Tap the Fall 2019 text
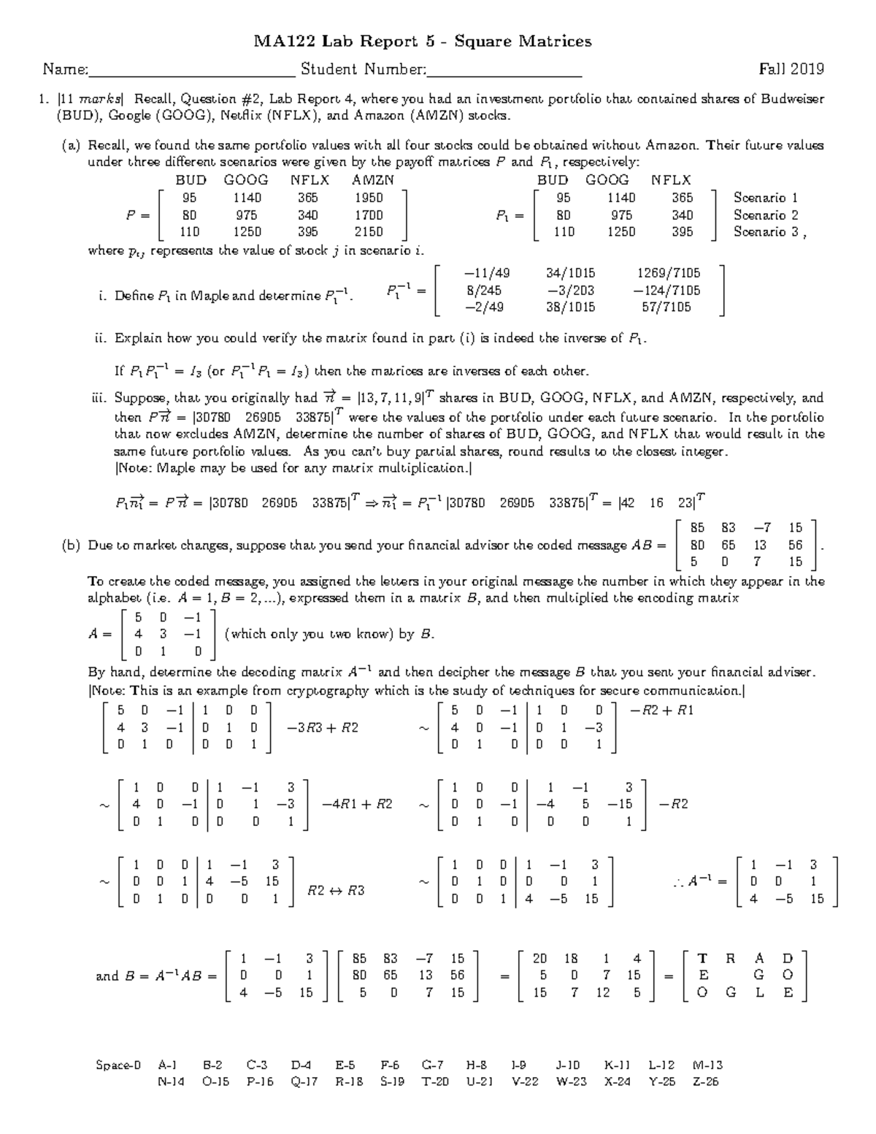pos(791,69)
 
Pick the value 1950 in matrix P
pos(369,198)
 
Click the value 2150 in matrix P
pos(369,232)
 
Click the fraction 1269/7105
pos(668,273)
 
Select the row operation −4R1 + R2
pos(357,804)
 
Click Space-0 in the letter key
pos(118,1065)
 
